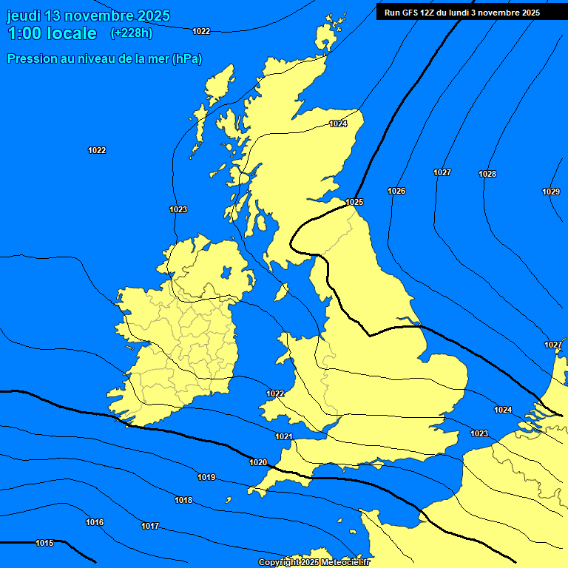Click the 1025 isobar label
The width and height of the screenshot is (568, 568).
(x=354, y=202)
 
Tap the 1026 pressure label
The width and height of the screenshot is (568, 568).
(x=396, y=191)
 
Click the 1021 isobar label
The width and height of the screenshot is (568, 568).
(x=284, y=436)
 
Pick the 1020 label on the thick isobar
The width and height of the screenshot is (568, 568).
(x=258, y=462)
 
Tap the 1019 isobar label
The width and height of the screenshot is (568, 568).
(x=206, y=477)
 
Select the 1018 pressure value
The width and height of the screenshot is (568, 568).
(x=183, y=500)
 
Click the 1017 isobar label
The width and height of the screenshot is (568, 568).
(x=150, y=526)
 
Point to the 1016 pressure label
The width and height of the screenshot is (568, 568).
(x=95, y=522)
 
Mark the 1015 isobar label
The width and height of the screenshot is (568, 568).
(x=44, y=543)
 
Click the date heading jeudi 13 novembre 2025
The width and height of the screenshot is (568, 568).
(x=88, y=16)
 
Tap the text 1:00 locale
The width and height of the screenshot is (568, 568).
(x=52, y=33)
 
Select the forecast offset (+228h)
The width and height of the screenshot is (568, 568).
(x=132, y=33)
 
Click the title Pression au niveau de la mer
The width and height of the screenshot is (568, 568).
(x=104, y=58)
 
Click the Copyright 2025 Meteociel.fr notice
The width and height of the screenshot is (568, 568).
(x=314, y=562)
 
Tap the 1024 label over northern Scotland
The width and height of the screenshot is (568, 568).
(x=338, y=124)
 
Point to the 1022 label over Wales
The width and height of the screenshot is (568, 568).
(x=276, y=393)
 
